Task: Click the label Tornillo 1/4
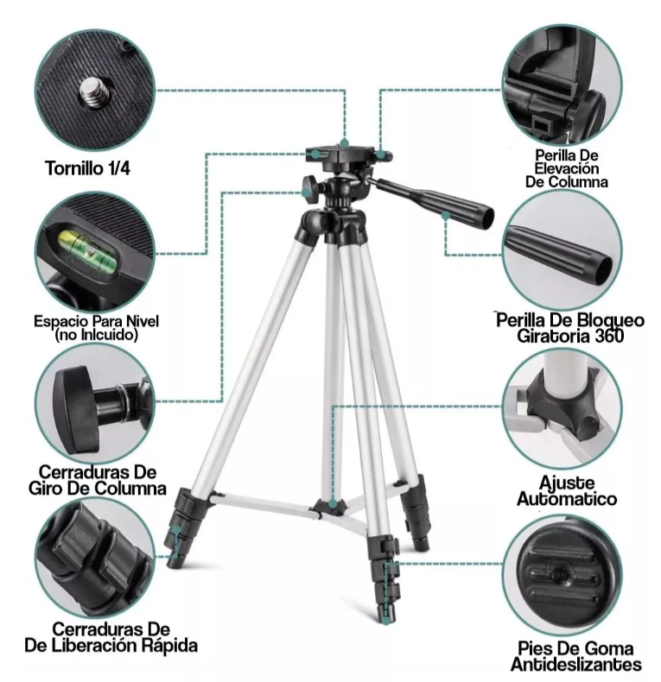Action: point(88,167)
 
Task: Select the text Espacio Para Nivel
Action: point(96,321)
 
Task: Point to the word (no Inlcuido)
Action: point(96,335)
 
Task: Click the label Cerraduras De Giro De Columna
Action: point(97,480)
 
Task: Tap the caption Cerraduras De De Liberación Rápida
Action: point(111,638)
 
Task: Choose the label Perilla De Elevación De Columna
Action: point(567,168)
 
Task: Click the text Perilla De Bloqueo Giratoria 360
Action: point(570,327)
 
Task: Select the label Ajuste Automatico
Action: point(567,490)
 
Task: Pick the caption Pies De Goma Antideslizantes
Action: point(576,656)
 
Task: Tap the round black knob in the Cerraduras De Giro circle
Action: point(73,409)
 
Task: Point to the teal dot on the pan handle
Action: point(445,215)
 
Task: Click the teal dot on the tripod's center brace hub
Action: point(333,504)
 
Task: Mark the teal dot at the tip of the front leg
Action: point(386,621)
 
